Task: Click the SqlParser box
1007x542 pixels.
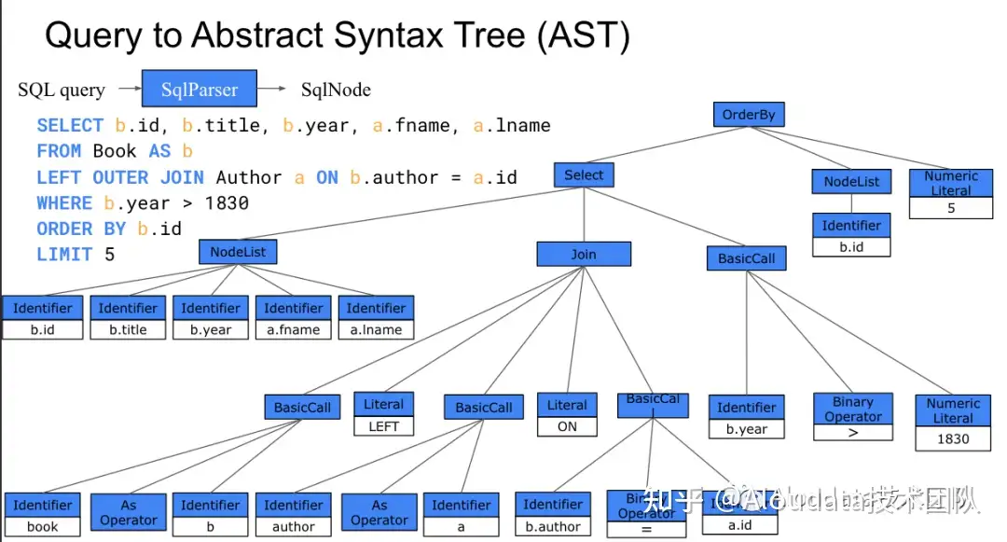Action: tap(200, 90)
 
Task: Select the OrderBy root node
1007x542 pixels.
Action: tap(748, 116)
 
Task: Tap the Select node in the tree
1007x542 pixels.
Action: tap(584, 174)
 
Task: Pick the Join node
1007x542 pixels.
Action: tap(584, 254)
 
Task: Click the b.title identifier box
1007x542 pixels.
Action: tap(128, 318)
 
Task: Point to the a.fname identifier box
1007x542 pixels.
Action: tap(294, 318)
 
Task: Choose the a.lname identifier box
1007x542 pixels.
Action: tap(376, 318)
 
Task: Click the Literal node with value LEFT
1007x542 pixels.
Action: tap(383, 415)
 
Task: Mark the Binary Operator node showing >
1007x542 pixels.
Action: tap(852, 417)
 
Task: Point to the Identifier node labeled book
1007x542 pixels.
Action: tap(42, 516)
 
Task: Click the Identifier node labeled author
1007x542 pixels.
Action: tap(294, 516)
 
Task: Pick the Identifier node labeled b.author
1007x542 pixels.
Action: tap(553, 515)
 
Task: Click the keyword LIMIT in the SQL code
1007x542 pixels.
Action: tap(64, 255)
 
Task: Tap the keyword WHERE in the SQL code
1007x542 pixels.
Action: tap(64, 203)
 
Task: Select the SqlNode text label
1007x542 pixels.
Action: tap(336, 90)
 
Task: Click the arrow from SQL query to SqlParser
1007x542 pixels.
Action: tap(123, 90)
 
